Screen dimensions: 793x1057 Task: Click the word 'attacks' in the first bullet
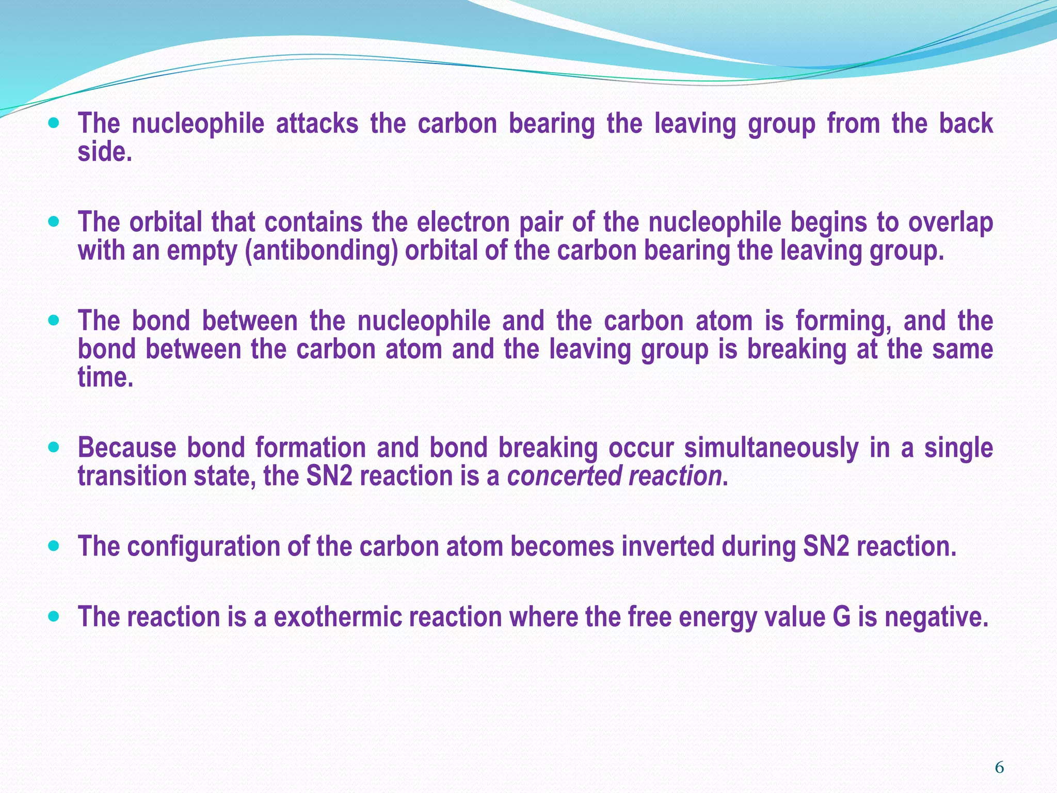coord(317,124)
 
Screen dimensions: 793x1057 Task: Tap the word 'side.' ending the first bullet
coord(105,152)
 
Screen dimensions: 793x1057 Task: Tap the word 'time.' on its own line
coord(105,377)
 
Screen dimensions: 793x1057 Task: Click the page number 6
coord(999,768)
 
